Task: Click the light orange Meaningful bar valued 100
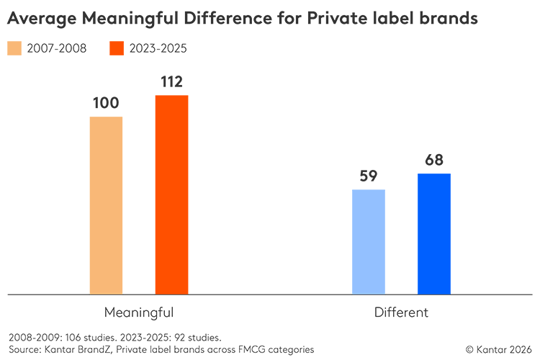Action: [106, 205]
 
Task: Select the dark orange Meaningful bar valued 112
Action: [171, 194]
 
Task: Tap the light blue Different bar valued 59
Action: [369, 242]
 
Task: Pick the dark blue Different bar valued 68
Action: [433, 234]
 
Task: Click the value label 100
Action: [106, 103]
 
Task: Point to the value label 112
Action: [171, 81]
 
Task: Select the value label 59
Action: [369, 176]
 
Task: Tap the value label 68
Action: [433, 160]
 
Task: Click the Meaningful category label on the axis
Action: [139, 312]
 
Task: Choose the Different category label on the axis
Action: [401, 312]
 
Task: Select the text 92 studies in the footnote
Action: [201, 337]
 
